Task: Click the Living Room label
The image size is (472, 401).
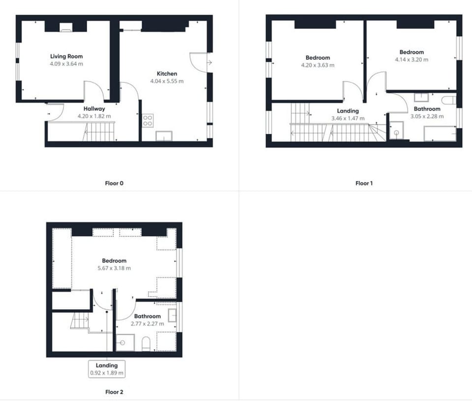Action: point(66,57)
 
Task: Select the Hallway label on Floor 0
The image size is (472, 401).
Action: point(94,109)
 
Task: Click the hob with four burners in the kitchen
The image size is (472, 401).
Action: point(147,121)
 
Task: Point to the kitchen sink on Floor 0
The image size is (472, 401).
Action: point(163,136)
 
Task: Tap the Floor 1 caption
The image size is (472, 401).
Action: point(364,183)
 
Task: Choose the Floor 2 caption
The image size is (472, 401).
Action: point(114,392)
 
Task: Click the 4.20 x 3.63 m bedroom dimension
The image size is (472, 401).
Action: point(318,65)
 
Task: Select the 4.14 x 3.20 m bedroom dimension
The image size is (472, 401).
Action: point(412,60)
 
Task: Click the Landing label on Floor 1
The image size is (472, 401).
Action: point(348,111)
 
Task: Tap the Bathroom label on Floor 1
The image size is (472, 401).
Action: point(427,109)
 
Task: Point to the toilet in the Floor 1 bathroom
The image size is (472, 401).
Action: point(448,100)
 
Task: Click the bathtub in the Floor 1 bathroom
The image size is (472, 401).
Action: point(440,133)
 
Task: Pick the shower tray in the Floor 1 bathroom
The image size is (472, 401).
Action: point(396,130)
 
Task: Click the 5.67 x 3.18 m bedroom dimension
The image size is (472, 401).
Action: point(114,268)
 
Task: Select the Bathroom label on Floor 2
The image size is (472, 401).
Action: point(147,316)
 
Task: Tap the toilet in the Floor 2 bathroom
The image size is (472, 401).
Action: point(146,344)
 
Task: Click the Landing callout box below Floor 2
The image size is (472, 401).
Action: point(107,369)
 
